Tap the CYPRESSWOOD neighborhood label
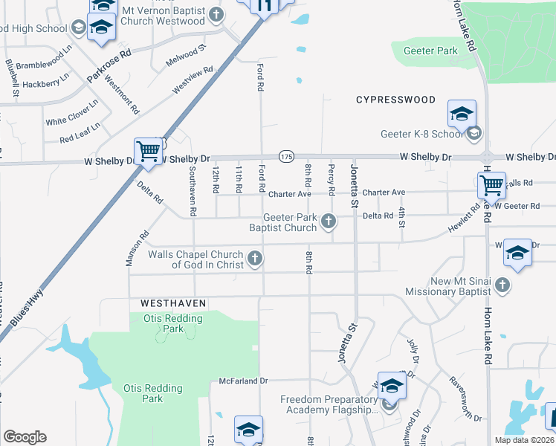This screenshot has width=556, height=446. click(395, 100)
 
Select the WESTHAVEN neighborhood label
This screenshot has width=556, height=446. click(172, 304)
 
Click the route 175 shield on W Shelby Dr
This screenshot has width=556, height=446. click(287, 156)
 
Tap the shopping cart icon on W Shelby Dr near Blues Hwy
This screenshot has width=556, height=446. click(148, 151)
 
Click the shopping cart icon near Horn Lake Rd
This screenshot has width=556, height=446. click(491, 185)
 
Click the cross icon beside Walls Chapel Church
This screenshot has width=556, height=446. click(255, 259)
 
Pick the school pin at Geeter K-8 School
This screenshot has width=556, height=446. click(462, 114)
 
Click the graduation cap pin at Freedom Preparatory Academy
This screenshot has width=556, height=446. click(392, 387)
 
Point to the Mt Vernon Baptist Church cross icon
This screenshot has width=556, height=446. click(216, 14)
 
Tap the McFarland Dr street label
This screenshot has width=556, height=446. click(243, 381)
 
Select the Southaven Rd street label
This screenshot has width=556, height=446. click(193, 191)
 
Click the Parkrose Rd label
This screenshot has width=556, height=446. click(109, 65)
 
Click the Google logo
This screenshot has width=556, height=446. click(25, 436)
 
